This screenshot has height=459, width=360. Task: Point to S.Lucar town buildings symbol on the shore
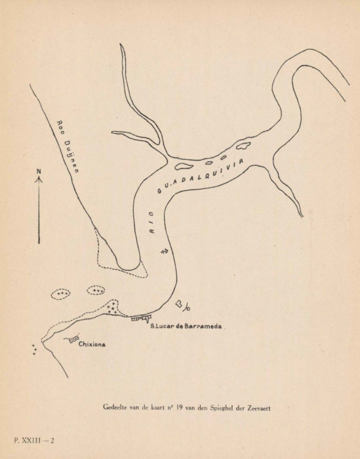click(x=140, y=319)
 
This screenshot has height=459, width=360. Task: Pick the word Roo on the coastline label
click(x=60, y=127)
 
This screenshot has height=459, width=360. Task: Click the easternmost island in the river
click(x=243, y=146)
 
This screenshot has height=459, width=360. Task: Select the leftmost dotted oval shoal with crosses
click(x=62, y=294)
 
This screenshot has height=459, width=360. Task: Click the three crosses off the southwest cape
click(x=34, y=349)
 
